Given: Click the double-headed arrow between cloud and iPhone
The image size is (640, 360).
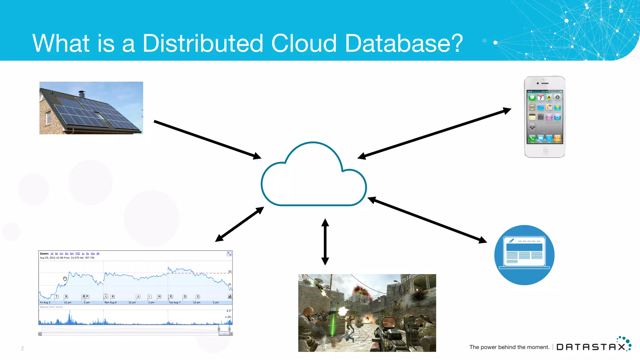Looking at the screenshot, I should (434, 133).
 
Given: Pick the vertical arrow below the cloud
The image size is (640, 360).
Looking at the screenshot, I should (325, 242).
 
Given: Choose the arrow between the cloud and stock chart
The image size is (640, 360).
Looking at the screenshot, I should (239, 224).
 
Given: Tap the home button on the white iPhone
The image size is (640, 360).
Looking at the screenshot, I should (545, 151).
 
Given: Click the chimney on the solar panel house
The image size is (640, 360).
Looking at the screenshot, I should (82, 94).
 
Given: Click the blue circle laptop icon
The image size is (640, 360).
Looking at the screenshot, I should (524, 255).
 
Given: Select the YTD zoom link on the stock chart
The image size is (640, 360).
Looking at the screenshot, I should (77, 253).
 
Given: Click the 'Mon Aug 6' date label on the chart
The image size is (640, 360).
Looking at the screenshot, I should (110, 302).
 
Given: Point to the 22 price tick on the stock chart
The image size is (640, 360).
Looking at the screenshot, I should (230, 271).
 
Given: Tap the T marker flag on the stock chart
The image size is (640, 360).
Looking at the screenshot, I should (57, 296).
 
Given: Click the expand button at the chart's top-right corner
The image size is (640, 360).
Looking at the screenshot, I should (229, 254).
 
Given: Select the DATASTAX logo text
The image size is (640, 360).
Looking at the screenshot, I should (591, 347).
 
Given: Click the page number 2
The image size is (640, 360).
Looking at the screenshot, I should (22, 348).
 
